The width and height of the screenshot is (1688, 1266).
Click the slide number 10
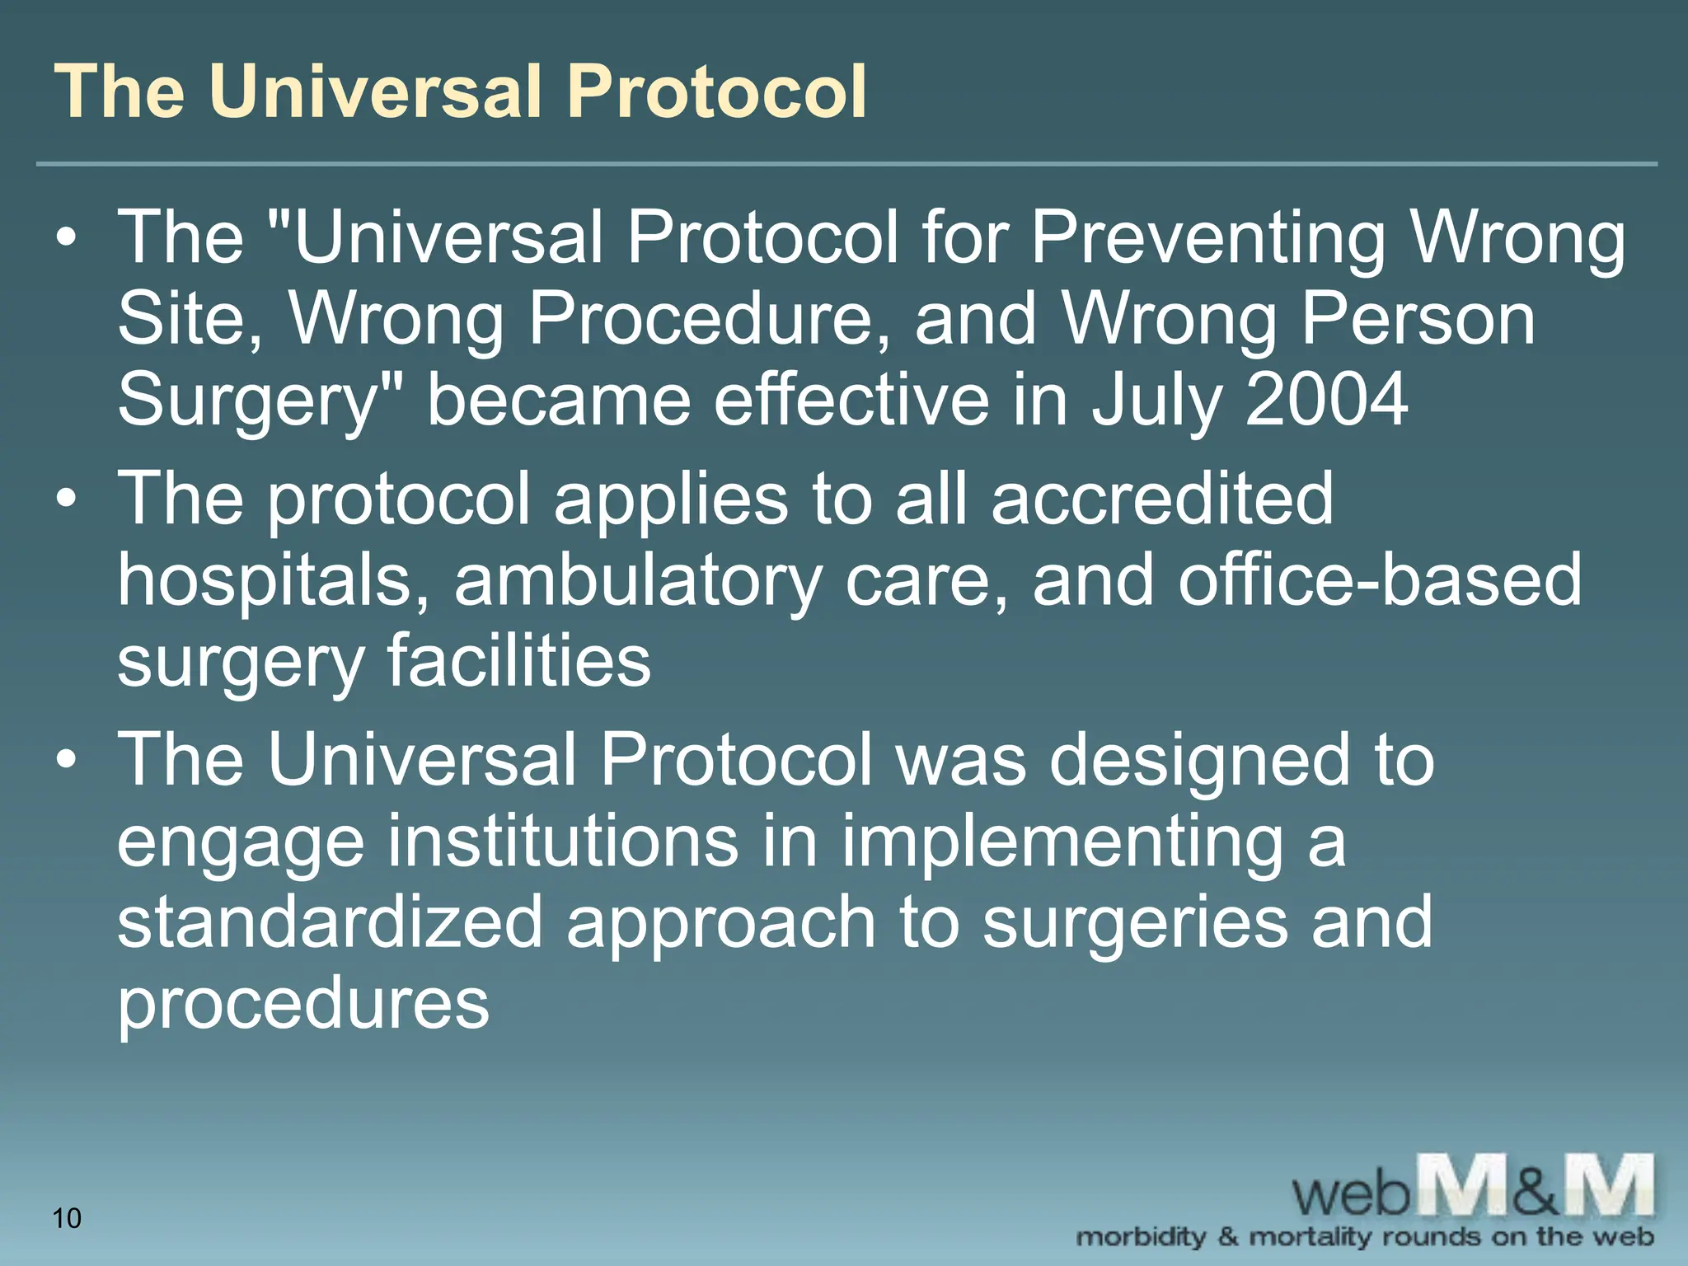click(67, 1217)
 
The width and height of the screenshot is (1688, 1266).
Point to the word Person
click(1418, 320)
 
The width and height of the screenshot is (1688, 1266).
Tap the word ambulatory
click(637, 580)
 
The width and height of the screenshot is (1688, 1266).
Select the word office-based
click(1380, 580)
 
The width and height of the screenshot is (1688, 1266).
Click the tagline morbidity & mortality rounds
click(1364, 1237)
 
